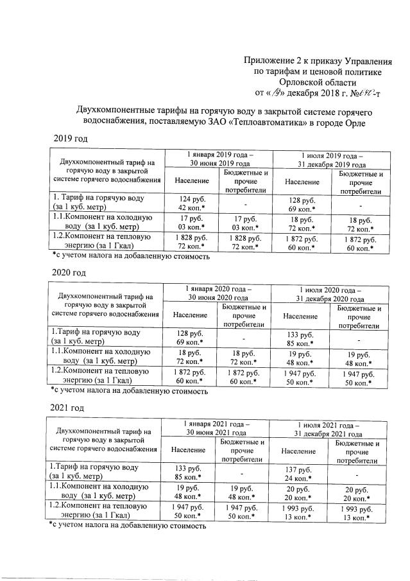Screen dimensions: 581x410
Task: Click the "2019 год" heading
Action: [69, 139]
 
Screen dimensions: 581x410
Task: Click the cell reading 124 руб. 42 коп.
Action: [191, 202]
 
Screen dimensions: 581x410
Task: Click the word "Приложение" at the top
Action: [273, 60]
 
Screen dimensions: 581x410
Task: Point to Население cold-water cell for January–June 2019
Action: [191, 223]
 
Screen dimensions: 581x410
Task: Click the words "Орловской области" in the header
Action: [323, 82]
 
